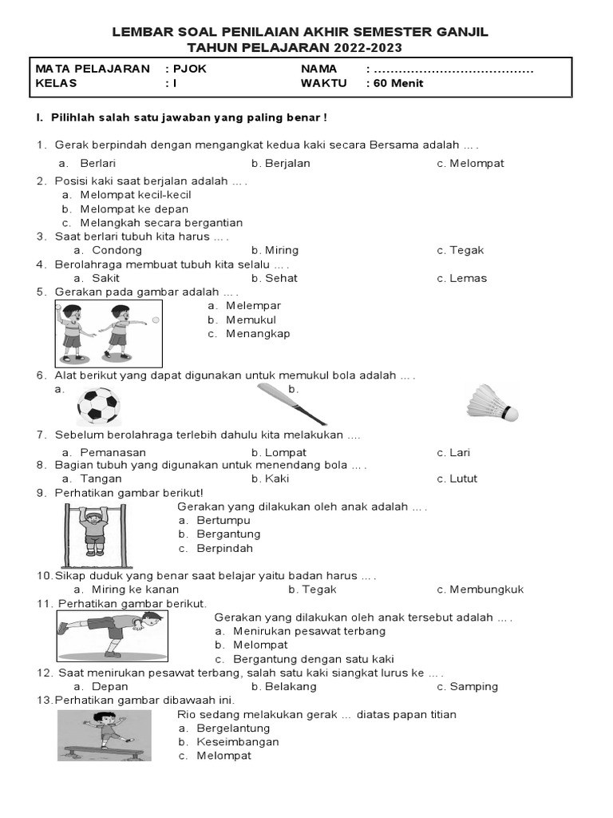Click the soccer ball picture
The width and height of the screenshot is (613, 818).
pyautogui.click(x=98, y=405)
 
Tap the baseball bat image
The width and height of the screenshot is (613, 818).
pyautogui.click(x=292, y=404)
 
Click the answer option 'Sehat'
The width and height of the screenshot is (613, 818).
pyautogui.click(x=282, y=278)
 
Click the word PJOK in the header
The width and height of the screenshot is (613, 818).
pyautogui.click(x=191, y=69)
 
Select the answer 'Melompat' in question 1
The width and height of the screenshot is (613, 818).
pyautogui.click(x=477, y=163)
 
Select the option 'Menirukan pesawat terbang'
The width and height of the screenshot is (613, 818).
pyautogui.click(x=309, y=631)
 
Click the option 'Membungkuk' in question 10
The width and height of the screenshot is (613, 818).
pyautogui.click(x=486, y=590)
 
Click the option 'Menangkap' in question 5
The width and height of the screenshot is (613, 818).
pyautogui.click(x=258, y=333)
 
